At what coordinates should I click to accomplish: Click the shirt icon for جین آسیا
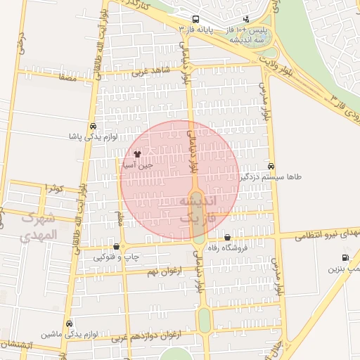[136, 153]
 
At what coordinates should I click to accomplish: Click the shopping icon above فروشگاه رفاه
[227, 237]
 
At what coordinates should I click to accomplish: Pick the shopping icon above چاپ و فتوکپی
[115, 246]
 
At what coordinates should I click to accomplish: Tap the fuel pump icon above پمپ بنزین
[345, 257]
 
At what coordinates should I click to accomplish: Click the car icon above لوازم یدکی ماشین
[68, 323]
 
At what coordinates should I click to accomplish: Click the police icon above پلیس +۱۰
[245, 19]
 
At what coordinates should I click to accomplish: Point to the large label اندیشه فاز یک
[204, 209]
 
